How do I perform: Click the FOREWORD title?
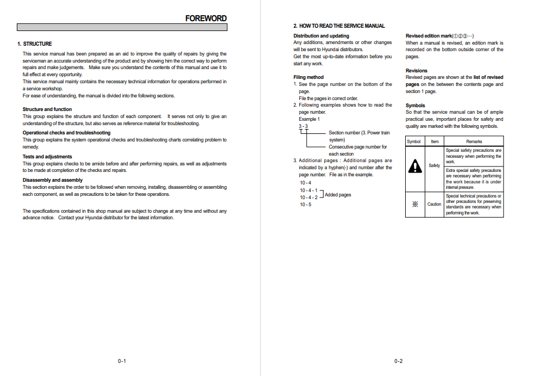206,18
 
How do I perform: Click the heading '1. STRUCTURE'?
35,44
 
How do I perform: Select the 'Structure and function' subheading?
47,109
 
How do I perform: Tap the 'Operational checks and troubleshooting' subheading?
66,133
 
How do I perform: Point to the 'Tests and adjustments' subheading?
47,157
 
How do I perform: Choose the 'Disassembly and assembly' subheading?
52,180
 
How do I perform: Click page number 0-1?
122,361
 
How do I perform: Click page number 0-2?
398,361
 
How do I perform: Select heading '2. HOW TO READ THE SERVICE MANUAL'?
339,26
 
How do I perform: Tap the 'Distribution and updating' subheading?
321,36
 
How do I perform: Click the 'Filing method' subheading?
308,77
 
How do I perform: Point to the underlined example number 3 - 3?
303,126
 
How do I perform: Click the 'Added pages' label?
338,195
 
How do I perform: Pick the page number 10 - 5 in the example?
306,205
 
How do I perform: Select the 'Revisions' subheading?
417,71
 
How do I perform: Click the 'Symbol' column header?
414,141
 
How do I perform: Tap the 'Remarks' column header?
474,141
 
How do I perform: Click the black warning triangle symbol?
415,166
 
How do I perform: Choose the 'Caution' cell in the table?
434,205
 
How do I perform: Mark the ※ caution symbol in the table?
415,205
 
